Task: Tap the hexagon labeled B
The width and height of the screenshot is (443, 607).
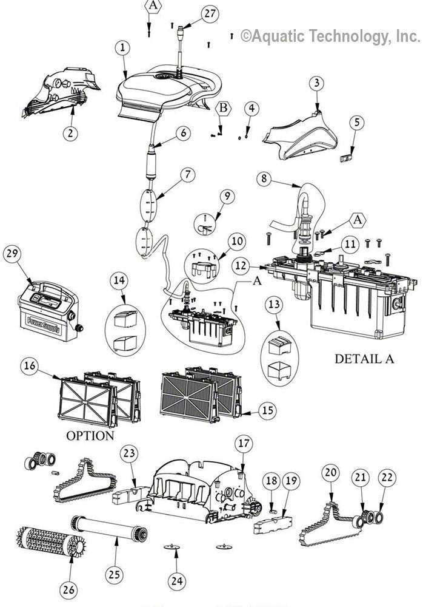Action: click(224, 107)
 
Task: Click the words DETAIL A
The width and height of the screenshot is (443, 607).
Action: click(364, 359)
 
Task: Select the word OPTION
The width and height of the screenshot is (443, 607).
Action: click(90, 436)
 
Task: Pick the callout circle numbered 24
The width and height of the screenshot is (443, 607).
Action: click(176, 581)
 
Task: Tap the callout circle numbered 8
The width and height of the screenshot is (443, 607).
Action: click(264, 178)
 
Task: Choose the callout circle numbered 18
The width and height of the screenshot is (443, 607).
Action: click(271, 481)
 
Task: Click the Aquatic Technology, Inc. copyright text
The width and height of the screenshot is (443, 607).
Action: click(330, 36)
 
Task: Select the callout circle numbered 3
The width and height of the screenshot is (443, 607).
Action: click(316, 84)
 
